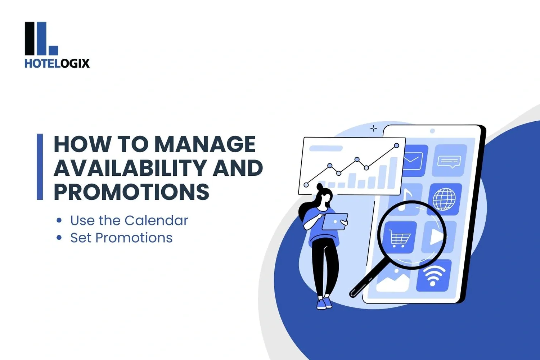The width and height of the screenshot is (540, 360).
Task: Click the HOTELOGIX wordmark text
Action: (57, 63)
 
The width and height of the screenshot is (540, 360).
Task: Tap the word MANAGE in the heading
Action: (207, 144)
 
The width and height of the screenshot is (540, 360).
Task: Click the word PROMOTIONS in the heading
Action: (131, 192)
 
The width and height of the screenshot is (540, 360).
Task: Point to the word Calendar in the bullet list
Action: (156, 220)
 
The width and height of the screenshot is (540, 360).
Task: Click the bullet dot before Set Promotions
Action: (59, 238)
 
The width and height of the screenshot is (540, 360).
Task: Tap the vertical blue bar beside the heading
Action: (40, 167)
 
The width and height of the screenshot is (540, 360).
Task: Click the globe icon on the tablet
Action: (444, 199)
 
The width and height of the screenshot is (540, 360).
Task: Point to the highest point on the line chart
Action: (397, 146)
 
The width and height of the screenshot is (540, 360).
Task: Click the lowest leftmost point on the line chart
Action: (306, 185)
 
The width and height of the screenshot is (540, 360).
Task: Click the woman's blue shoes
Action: (324, 303)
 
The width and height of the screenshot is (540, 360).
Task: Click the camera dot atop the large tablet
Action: (432, 131)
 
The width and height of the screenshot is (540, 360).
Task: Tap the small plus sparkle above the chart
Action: (373, 129)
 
